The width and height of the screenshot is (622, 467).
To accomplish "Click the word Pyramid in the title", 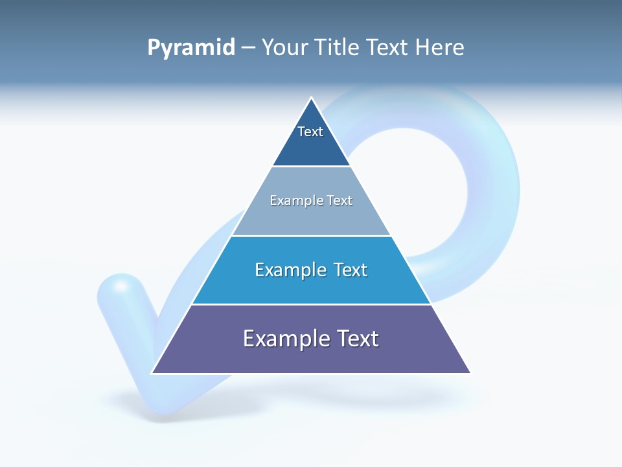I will point(191,48).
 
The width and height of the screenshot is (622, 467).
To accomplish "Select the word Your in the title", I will point(284,47).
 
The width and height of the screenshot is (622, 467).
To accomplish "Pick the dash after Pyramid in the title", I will point(248,48).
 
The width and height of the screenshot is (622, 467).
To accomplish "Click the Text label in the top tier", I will point(310,132).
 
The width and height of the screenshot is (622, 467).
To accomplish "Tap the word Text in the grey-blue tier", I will point(340,200).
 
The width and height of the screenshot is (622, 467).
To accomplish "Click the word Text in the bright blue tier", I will point(350,270).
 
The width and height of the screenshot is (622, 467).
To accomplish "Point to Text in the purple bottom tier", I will point(357,339).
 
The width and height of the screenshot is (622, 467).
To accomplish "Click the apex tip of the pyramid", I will point(311,99).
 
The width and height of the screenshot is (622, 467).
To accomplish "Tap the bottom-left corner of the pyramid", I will point(153,373).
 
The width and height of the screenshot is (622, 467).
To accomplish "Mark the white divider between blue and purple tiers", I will point(311,304).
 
